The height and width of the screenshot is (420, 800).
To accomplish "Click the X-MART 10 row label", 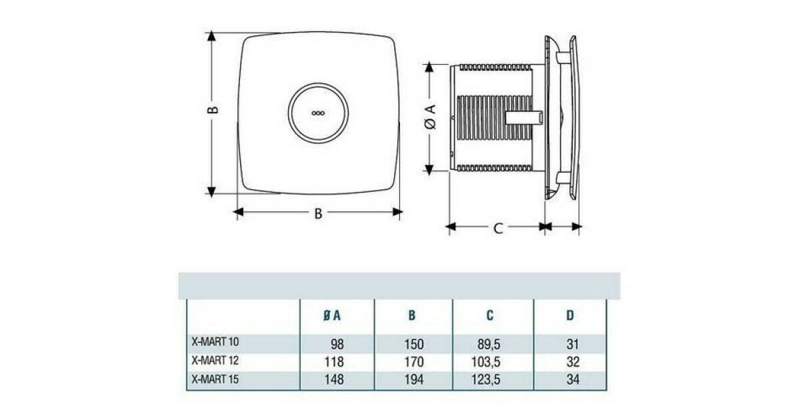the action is click(x=215, y=342).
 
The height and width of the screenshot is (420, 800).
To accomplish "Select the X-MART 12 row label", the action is click(x=215, y=361).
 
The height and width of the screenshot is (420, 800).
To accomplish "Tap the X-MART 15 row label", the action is click(x=215, y=379).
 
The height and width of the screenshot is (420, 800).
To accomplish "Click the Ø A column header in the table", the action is click(x=332, y=315).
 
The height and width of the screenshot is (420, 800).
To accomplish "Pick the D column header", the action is click(x=570, y=315).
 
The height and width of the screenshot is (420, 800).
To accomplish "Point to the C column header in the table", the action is click(x=489, y=315).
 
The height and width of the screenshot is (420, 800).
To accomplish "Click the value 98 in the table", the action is click(x=337, y=344).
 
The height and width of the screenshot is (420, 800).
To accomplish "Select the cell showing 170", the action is click(x=414, y=362).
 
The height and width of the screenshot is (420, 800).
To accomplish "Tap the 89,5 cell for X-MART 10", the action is click(x=489, y=344).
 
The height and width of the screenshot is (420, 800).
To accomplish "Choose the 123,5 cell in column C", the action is click(x=486, y=379).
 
